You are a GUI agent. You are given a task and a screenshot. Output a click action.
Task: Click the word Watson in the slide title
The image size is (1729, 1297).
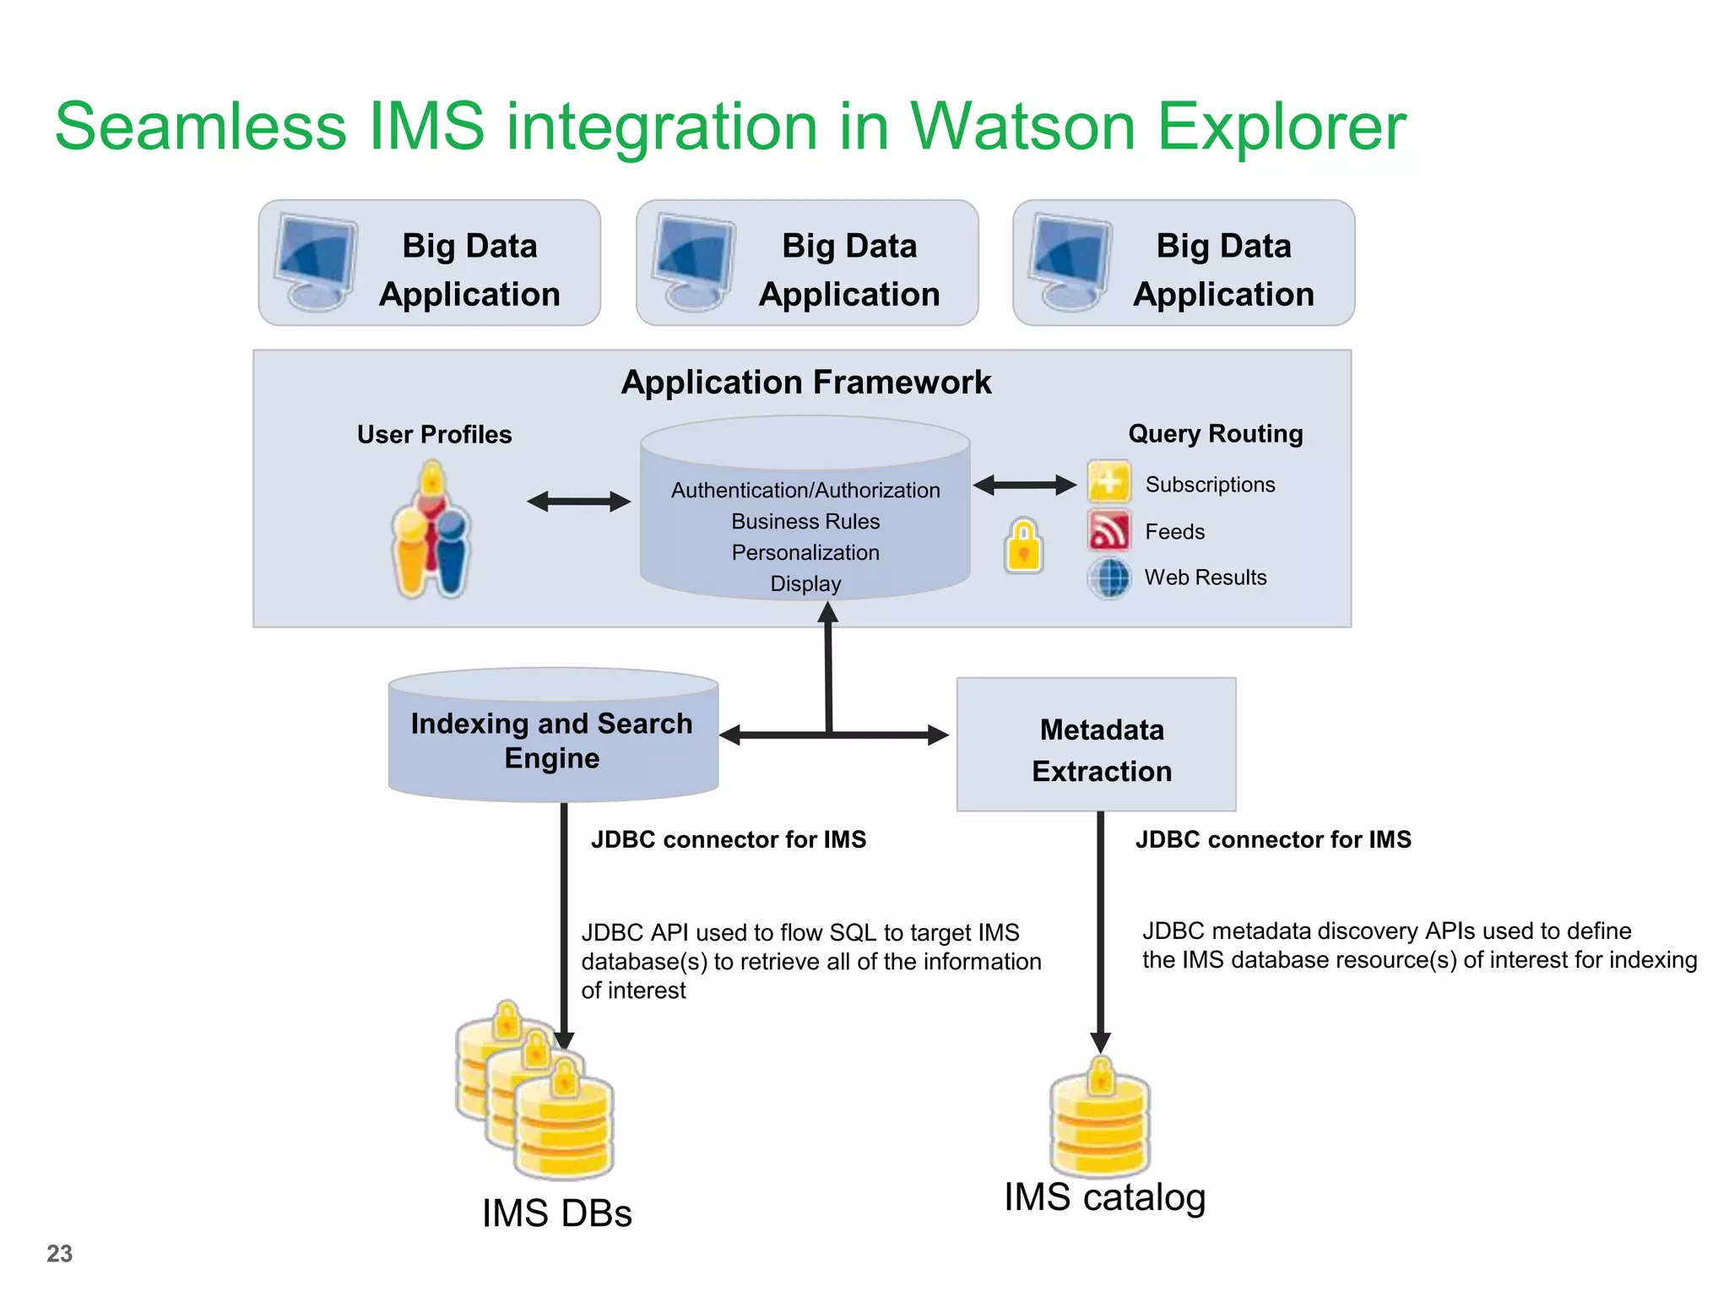(1022, 127)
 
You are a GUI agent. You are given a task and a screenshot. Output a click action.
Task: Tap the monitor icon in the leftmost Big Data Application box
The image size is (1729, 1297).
(316, 261)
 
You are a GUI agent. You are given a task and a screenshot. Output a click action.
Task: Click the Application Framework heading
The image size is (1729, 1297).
(805, 383)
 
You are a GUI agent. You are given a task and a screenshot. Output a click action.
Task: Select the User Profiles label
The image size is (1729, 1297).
(434, 435)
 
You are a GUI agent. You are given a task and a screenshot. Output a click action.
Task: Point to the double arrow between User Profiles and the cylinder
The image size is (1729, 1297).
(578, 502)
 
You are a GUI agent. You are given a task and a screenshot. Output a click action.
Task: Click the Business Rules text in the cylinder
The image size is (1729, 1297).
(805, 522)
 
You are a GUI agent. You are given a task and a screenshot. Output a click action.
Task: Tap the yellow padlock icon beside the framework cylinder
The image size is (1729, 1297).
(1023, 546)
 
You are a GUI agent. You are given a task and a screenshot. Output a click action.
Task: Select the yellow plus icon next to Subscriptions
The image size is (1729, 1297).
(1108, 483)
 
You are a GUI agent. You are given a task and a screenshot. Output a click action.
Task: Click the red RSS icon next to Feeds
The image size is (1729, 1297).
(1108, 531)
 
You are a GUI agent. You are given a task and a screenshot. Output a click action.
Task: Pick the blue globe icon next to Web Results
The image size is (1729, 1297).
(1108, 578)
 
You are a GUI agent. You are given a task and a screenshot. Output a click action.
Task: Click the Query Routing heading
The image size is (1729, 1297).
(1215, 434)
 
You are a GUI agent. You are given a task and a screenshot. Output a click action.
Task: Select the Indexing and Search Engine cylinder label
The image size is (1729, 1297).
(552, 741)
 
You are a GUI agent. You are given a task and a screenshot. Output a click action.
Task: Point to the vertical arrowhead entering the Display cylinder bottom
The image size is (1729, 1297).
(828, 612)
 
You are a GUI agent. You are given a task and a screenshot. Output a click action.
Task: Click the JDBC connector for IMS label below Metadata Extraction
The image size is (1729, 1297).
(1272, 839)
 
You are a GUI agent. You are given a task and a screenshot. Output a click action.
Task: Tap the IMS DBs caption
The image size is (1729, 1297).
(556, 1213)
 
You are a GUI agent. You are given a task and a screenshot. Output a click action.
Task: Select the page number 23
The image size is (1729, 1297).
(59, 1253)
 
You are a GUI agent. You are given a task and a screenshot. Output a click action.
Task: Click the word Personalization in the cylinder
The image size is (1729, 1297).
(805, 553)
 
